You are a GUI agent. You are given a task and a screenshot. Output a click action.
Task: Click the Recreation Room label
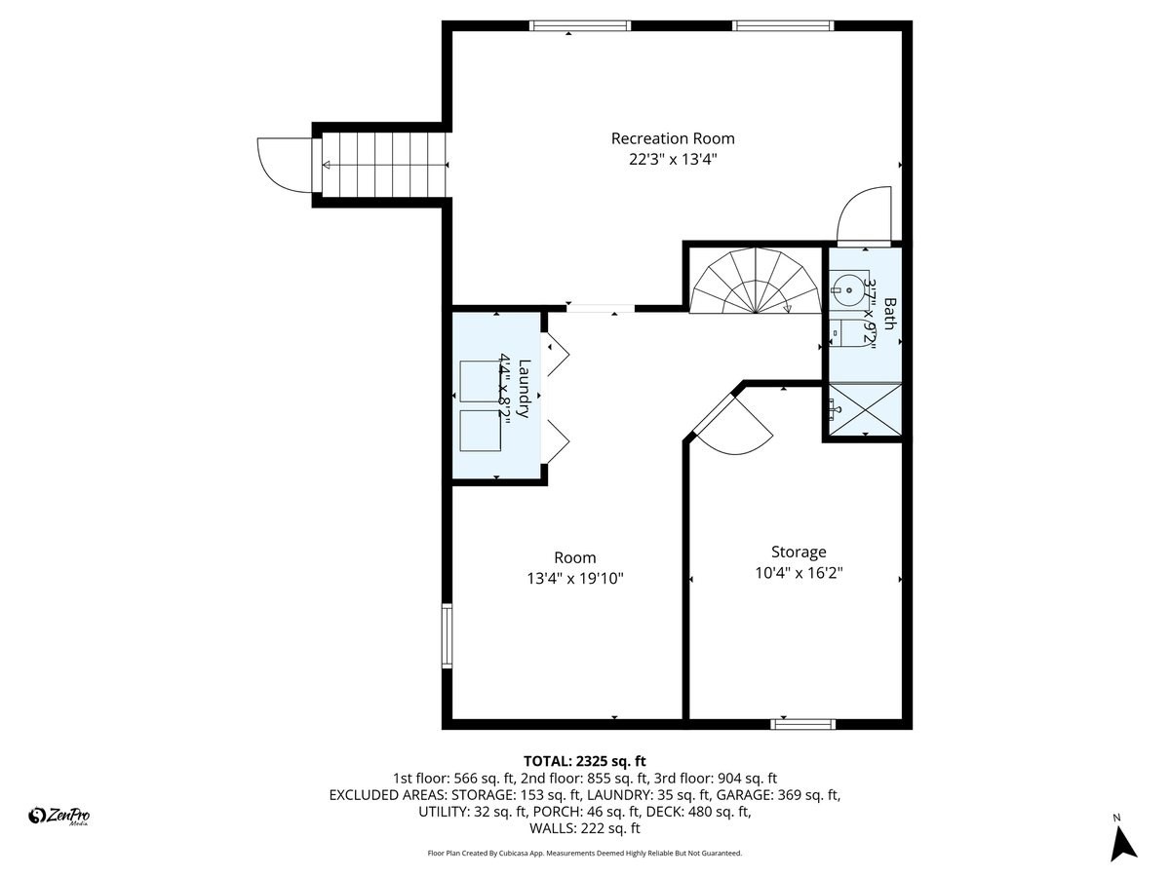(x=673, y=138)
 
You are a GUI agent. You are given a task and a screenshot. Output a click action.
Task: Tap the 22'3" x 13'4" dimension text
(x=673, y=160)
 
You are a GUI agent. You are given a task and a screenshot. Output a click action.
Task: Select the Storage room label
(x=799, y=552)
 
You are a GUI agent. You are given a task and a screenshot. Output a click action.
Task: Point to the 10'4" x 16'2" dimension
(x=799, y=573)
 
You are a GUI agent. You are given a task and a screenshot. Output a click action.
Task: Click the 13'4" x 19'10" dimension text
(x=574, y=579)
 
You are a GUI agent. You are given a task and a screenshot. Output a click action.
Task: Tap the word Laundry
(x=525, y=390)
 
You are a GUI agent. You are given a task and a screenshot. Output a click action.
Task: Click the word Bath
(x=888, y=314)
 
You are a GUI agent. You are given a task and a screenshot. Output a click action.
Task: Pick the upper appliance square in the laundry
(x=480, y=381)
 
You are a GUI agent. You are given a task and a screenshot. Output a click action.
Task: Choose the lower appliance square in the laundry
(x=480, y=430)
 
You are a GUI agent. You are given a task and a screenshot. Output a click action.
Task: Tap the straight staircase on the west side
(x=384, y=167)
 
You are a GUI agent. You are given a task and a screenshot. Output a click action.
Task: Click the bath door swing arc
(x=862, y=214)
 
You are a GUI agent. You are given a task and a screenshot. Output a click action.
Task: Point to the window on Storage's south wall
(x=803, y=724)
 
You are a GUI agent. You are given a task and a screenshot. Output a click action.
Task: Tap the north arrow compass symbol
(x=1124, y=840)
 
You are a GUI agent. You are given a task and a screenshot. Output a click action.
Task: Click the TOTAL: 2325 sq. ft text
(x=585, y=761)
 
